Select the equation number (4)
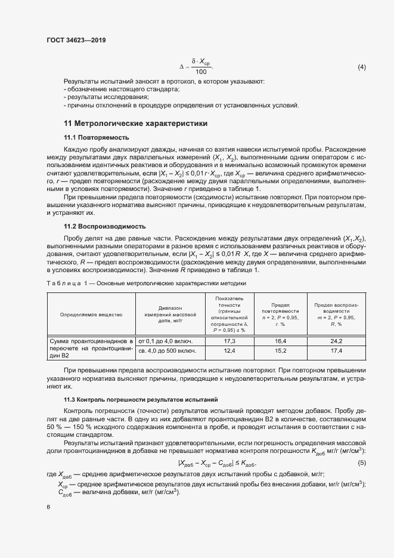362,67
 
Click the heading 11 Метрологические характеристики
135,124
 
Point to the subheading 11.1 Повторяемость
96,137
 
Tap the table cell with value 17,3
229,341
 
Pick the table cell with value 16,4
280,341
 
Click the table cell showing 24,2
336,341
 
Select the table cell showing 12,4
229,352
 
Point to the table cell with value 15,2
280,352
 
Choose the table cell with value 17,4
336,352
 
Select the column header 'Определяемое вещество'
91,314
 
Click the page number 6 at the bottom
48,507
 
